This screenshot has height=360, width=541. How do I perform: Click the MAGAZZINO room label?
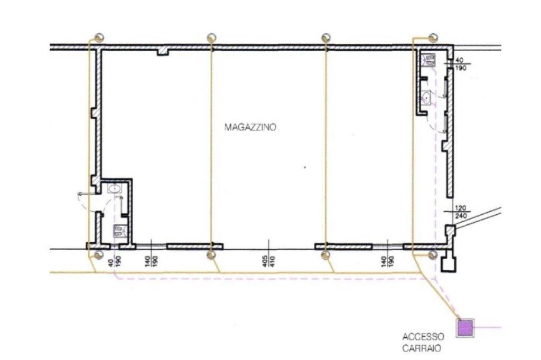coord(250,127)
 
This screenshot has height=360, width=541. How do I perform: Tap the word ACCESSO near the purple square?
coord(423,337)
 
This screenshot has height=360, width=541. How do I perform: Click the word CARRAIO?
coord(421,348)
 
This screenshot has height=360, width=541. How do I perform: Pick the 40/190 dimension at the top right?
coord(460,64)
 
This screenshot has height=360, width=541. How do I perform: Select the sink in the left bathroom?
coord(114,187)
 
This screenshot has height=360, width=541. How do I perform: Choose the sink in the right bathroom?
coord(427,97)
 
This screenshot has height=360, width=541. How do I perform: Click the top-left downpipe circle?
coord(99,37)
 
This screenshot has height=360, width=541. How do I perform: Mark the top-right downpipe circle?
coord(433,37)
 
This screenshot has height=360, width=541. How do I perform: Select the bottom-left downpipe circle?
coord(98,255)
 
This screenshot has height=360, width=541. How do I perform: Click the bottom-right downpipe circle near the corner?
coord(433,255)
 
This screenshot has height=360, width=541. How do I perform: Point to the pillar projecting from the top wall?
coord(163,52)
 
